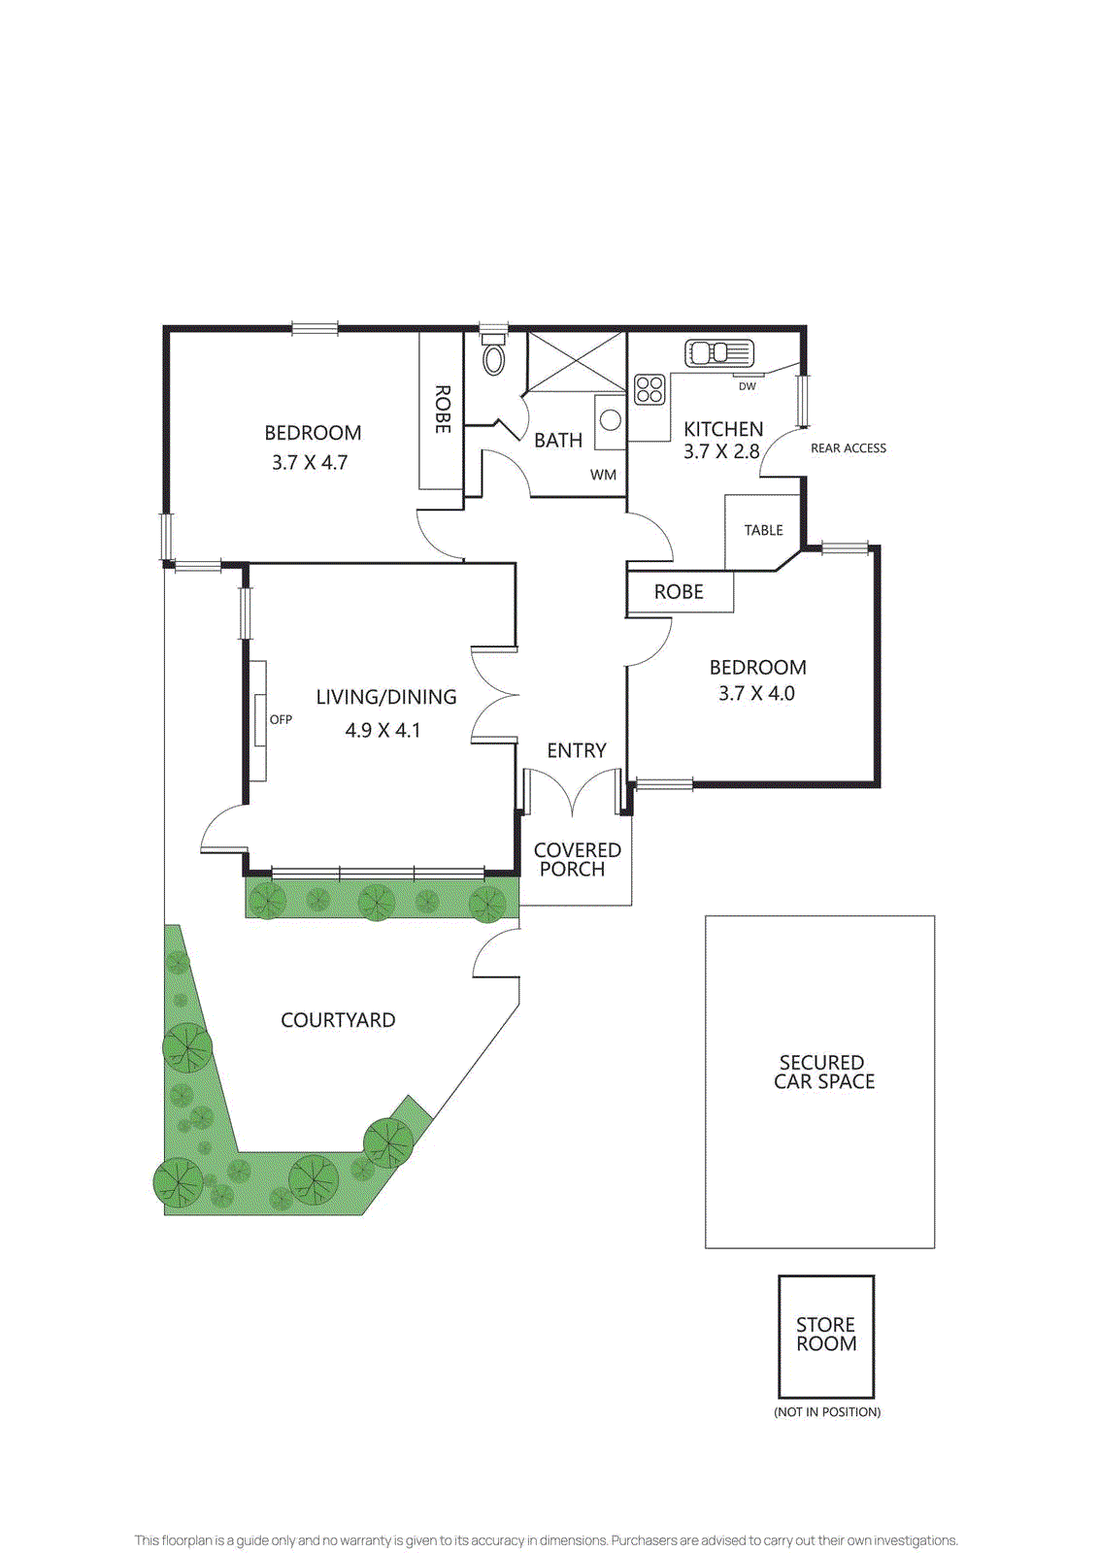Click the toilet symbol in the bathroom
(494, 357)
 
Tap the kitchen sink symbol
(718, 352)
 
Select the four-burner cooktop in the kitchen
(649, 389)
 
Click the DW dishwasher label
(747, 386)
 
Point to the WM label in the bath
(603, 475)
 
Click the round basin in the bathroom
(610, 420)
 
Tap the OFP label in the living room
(281, 719)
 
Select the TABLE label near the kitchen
(763, 530)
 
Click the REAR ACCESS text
(848, 448)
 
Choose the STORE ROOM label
(826, 1334)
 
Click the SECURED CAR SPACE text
(823, 1072)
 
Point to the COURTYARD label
(338, 1020)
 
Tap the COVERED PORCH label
(577, 859)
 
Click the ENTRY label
(576, 750)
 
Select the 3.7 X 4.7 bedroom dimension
(310, 463)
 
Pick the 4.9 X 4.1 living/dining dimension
(383, 730)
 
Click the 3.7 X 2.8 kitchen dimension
(721, 451)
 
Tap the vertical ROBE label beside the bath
(442, 409)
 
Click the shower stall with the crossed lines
(576, 361)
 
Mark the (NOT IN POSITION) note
(827, 1411)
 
